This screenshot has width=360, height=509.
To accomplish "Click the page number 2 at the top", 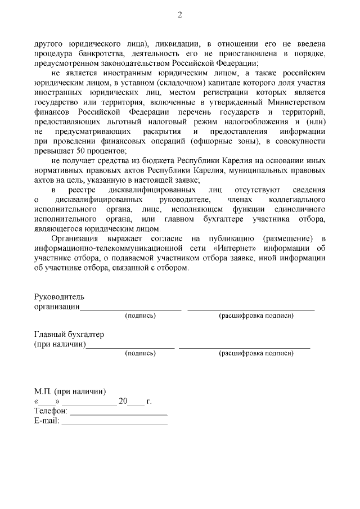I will (180, 15).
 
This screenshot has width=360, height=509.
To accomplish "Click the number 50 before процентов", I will (79, 150).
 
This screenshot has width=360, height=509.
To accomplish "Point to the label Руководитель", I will (59, 297).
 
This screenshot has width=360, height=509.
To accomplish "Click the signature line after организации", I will (130, 307).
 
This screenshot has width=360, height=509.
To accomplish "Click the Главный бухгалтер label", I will (69, 335).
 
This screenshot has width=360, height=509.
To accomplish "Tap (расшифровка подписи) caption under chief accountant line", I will (256, 353).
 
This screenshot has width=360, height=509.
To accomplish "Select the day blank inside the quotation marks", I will (47, 402).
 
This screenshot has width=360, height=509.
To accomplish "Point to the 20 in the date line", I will (124, 402).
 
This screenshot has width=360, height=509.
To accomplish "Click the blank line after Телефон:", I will (119, 412).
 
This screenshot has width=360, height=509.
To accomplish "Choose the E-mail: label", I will (47, 421).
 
